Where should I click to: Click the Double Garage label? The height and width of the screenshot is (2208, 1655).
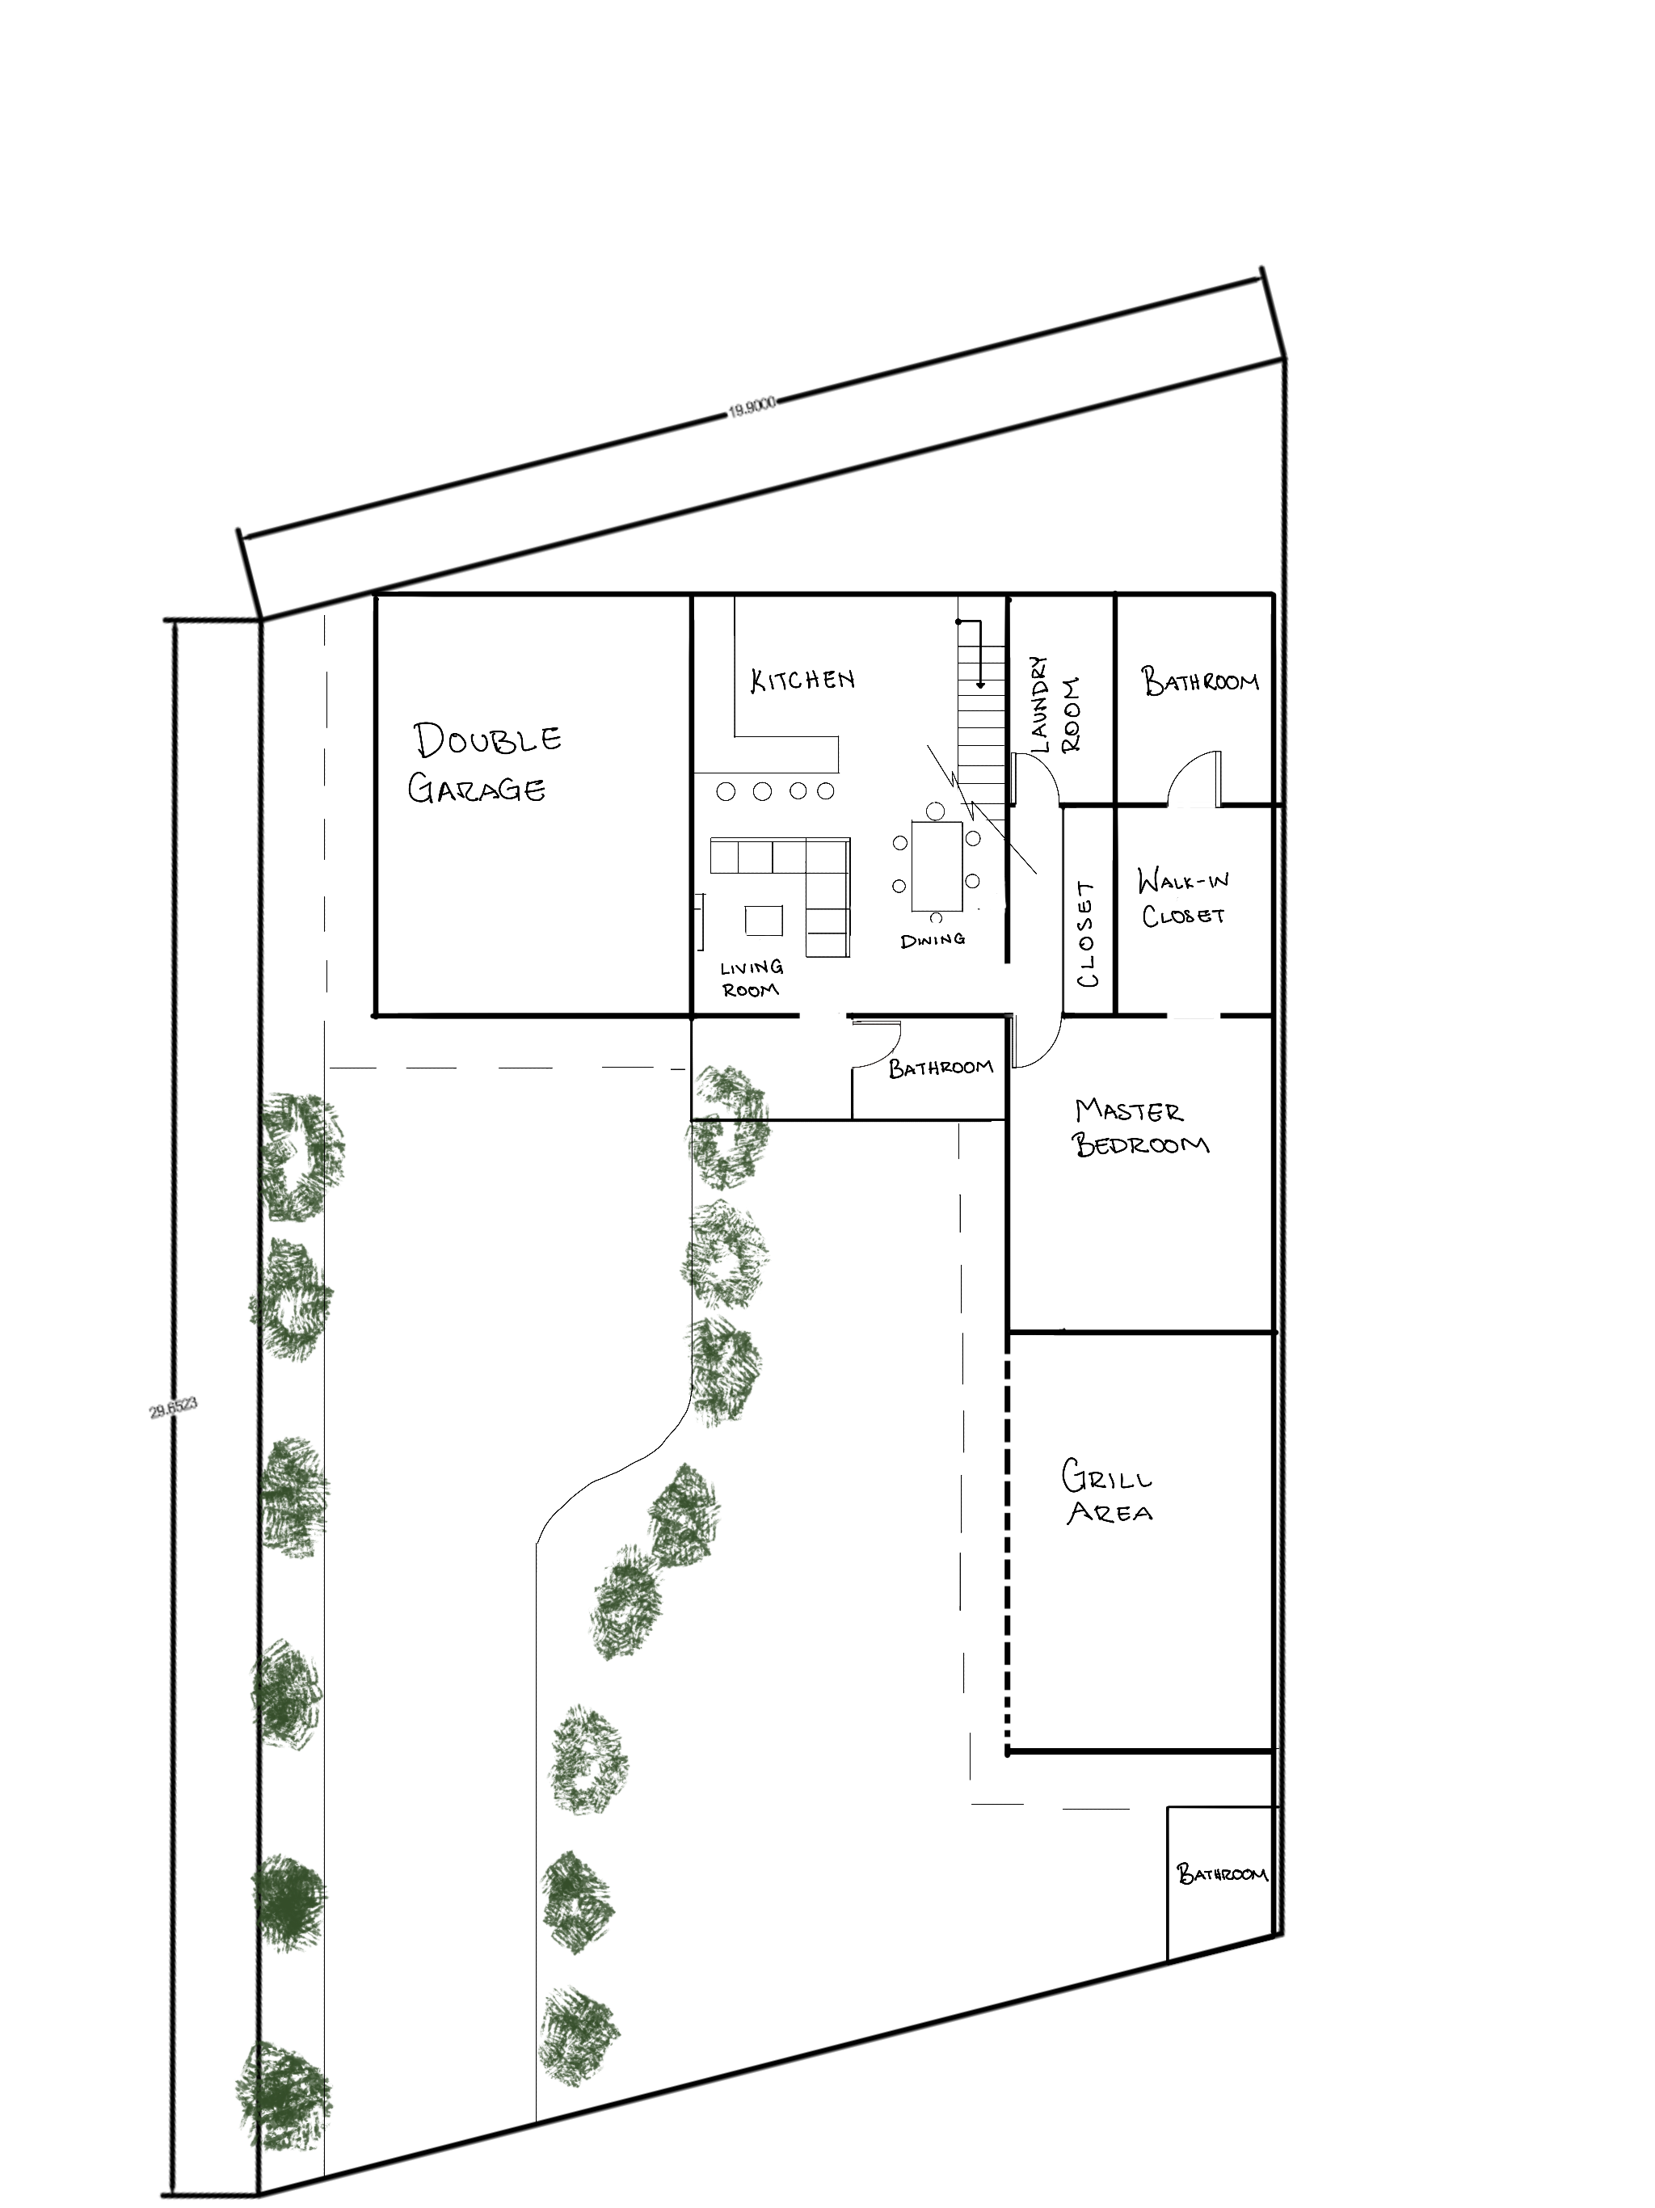tap(485, 763)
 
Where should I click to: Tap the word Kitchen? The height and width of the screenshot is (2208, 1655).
tap(802, 680)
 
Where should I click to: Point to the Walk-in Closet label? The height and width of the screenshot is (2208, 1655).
tap(1183, 897)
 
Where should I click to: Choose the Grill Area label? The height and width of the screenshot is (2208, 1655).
tap(1107, 1492)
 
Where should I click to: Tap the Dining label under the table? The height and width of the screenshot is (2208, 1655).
tap(933, 939)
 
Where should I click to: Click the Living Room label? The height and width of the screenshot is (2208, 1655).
tap(752, 978)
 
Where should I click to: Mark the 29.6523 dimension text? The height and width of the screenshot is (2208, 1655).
tap(174, 1409)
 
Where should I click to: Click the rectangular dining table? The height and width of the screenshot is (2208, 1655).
tap(937, 866)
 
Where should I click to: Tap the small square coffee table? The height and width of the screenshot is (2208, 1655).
tap(764, 921)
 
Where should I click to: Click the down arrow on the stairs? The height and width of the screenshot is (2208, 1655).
tap(980, 655)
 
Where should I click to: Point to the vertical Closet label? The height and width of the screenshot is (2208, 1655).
tap(1087, 934)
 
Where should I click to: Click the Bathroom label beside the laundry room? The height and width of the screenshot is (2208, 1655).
tap(1200, 682)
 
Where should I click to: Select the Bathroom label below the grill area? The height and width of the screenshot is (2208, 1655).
tap(1222, 1873)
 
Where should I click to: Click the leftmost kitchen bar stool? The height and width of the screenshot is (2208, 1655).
tap(726, 791)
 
